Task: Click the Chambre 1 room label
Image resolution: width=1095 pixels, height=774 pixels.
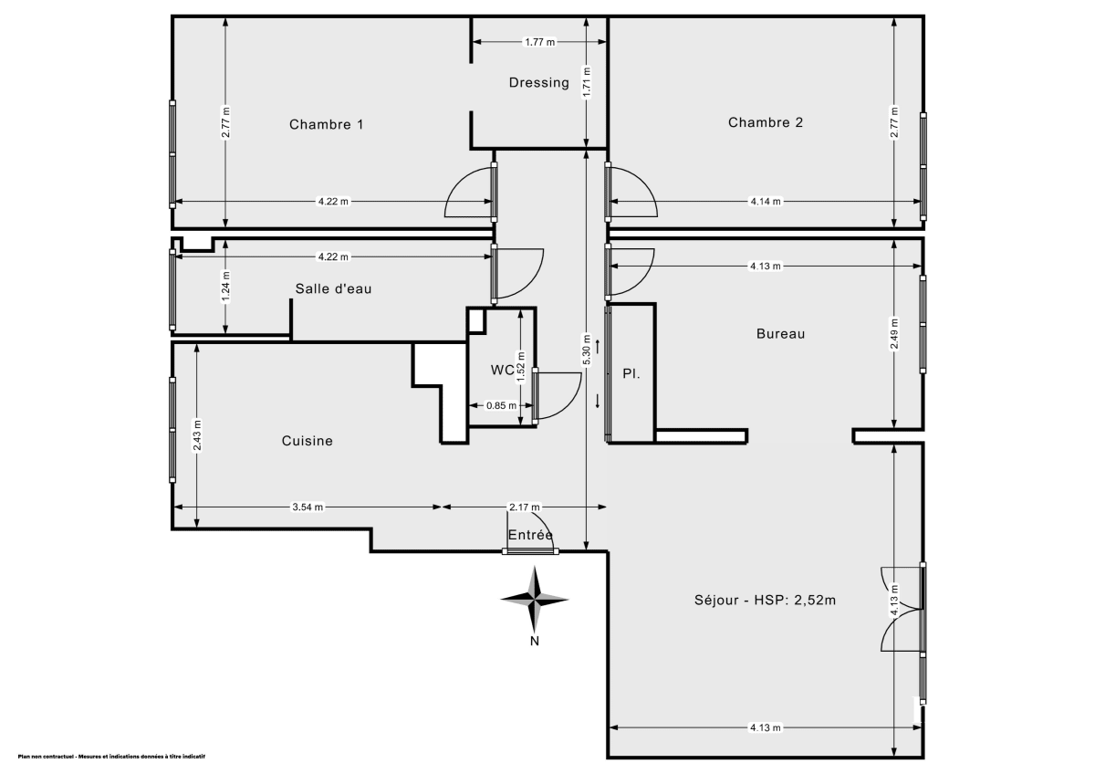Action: pyautogui.click(x=326, y=124)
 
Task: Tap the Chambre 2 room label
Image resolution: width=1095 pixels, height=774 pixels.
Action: pyautogui.click(x=765, y=122)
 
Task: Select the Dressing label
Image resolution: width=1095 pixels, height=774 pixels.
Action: pyautogui.click(x=538, y=83)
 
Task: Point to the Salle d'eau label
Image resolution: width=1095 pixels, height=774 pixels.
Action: pyautogui.click(x=333, y=288)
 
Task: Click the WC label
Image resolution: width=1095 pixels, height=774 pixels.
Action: pyautogui.click(x=502, y=370)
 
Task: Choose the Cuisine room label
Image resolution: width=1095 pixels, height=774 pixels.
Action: pyautogui.click(x=307, y=441)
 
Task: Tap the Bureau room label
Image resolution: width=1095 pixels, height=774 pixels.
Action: pyautogui.click(x=780, y=334)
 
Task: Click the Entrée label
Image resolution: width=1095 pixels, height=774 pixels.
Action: pyautogui.click(x=531, y=536)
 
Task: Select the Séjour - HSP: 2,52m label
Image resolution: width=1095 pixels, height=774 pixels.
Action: pyautogui.click(x=765, y=600)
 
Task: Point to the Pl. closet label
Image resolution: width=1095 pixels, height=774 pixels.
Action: pyautogui.click(x=631, y=373)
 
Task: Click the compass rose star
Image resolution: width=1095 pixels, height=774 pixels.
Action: pyautogui.click(x=535, y=599)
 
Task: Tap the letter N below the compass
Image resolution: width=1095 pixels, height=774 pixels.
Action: pyautogui.click(x=535, y=641)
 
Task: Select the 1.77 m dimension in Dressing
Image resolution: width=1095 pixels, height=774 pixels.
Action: pyautogui.click(x=539, y=42)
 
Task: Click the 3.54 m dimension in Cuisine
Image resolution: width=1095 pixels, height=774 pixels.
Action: pyautogui.click(x=308, y=507)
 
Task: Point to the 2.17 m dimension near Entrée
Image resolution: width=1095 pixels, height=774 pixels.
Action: pyautogui.click(x=524, y=507)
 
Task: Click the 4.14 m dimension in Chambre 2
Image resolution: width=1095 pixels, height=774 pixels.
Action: pyautogui.click(x=765, y=202)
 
